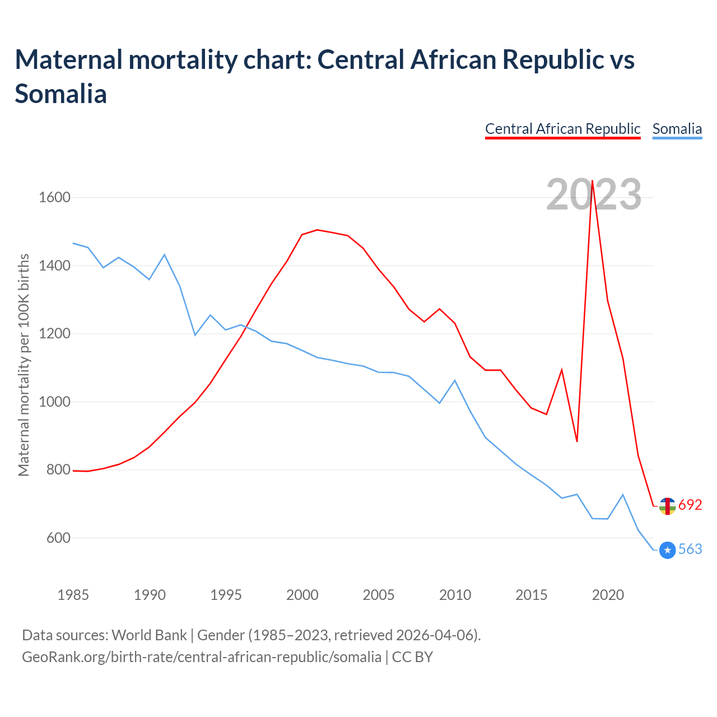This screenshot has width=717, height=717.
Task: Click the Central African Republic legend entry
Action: (x=562, y=129)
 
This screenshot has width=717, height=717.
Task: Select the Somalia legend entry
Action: (x=677, y=129)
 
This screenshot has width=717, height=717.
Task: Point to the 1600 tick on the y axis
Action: (x=54, y=197)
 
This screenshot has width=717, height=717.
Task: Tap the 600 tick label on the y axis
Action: (x=58, y=538)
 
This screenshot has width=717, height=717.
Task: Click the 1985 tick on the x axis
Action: (x=73, y=594)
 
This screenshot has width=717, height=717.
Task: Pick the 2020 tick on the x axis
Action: (x=608, y=594)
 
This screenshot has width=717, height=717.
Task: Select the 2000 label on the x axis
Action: (x=302, y=594)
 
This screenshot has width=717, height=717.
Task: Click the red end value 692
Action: (x=690, y=505)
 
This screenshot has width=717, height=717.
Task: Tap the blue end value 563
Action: (x=690, y=549)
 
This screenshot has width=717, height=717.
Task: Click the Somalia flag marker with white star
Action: (x=667, y=551)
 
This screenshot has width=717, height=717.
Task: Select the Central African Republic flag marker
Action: (x=667, y=506)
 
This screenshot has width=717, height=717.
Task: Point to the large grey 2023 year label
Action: (x=594, y=194)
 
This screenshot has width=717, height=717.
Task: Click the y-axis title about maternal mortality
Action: (x=24, y=365)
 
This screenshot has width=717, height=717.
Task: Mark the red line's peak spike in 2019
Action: (x=592, y=181)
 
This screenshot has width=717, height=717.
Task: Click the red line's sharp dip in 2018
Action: (x=577, y=441)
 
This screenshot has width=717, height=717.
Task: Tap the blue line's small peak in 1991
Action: (x=164, y=255)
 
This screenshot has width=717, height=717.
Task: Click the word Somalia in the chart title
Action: (x=60, y=94)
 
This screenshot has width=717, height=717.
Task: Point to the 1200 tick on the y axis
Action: (x=54, y=333)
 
